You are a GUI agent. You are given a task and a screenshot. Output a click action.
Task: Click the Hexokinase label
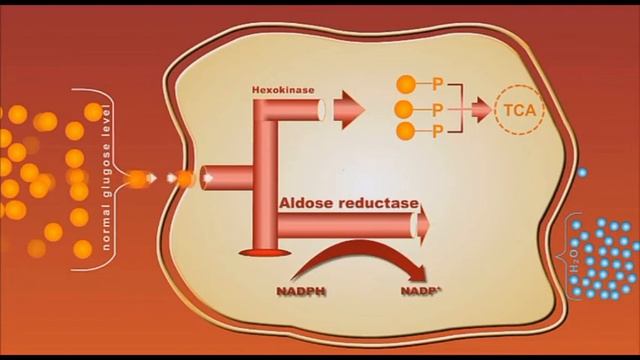click(283, 91)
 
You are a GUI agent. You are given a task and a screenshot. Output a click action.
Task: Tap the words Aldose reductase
click(349, 203)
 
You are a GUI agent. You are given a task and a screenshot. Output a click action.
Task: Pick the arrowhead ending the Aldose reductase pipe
click(424, 225)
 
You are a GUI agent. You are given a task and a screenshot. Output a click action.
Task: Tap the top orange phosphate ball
click(406, 85)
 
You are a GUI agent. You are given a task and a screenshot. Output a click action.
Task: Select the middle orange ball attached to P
click(405, 109)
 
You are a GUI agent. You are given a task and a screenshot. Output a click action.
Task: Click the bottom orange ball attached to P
click(406, 131)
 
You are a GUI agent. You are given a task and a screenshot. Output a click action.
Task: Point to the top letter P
click(437, 86)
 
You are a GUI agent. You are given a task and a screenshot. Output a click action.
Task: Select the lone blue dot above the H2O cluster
click(583, 173)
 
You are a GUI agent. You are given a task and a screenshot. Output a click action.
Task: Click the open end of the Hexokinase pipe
click(321, 110)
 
